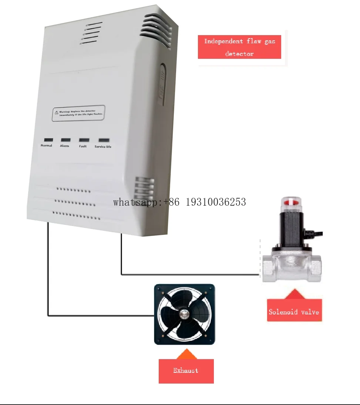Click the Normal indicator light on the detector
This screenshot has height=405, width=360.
click(48, 140)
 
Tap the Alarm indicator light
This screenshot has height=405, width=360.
click(65, 140)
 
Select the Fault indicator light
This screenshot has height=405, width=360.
click(84, 140)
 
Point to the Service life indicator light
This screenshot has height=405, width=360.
click(104, 141)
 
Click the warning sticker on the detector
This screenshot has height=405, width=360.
click(78, 113)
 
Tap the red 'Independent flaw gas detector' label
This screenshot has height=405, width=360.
click(239, 47)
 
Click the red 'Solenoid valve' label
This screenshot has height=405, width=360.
click(294, 312)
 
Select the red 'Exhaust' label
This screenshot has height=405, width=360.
click(186, 371)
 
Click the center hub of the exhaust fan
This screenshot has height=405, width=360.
click(184, 314)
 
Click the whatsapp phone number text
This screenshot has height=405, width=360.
click(179, 202)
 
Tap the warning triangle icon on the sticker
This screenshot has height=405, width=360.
click(56, 112)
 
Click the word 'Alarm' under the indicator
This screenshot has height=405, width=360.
click(64, 146)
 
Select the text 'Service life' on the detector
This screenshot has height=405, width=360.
click(103, 147)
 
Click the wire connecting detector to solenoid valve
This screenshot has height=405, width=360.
click(185, 274)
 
